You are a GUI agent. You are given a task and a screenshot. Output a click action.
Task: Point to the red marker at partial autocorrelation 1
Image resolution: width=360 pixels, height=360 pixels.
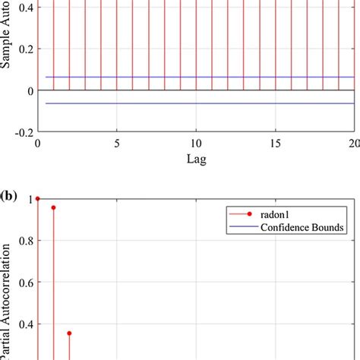tap(38, 199)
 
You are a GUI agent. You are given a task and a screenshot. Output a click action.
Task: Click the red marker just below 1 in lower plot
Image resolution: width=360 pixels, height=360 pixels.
tap(53, 207)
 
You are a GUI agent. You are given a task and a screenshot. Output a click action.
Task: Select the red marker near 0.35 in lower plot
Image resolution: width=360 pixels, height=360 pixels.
tap(69, 333)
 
